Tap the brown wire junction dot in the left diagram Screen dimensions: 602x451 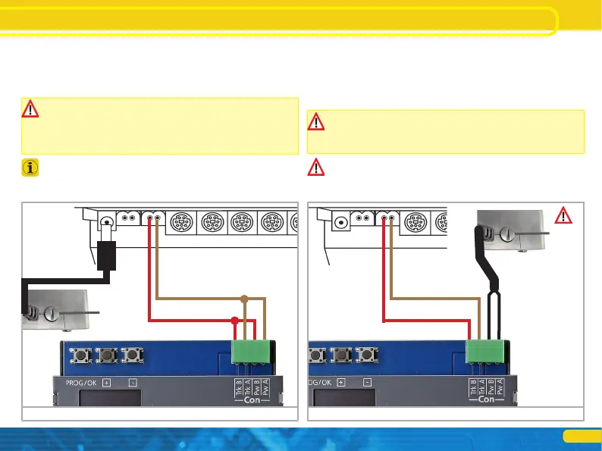[x=244, y=298]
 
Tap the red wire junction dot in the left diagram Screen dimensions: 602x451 [x=235, y=321]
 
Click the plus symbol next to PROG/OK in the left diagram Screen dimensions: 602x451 [x=105, y=382]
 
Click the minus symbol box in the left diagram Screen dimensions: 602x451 [x=133, y=382]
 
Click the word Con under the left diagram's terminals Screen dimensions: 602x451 [x=251, y=399]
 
